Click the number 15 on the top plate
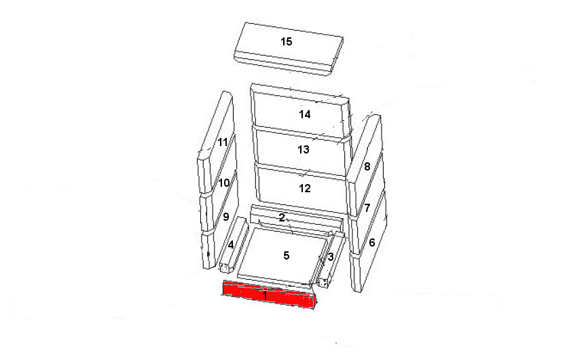click(287, 41)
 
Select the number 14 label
click(304, 114)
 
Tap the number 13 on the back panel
click(304, 149)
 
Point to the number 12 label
click(304, 188)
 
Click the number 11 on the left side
click(223, 142)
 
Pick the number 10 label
click(224, 183)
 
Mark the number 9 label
click(226, 217)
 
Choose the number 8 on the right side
click(367, 166)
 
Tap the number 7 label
click(367, 208)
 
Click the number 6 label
click(372, 242)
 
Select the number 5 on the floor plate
click(287, 255)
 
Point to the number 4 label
click(231, 245)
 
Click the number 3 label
click(331, 257)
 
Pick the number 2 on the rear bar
click(282, 217)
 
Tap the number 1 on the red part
click(265, 295)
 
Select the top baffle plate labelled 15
click(288, 49)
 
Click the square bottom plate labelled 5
click(282, 256)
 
